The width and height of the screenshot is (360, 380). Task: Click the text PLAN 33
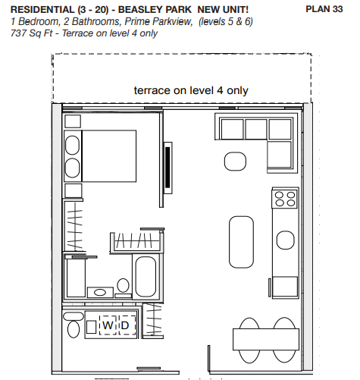point(324,9)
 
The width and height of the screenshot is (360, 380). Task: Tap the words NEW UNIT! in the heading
point(223,10)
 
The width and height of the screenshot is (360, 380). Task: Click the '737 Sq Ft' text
point(32,33)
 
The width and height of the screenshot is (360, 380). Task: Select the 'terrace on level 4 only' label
point(191,90)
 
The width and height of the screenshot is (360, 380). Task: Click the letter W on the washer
point(108,325)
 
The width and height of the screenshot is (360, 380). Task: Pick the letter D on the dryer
point(125,325)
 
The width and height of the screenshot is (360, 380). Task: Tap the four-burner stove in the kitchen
point(285,199)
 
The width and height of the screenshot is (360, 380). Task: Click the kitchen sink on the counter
point(286,240)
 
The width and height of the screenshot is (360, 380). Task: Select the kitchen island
point(241,242)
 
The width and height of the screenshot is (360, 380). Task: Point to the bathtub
point(146,277)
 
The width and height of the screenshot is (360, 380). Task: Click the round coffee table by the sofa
point(235,162)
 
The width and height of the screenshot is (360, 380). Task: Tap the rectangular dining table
point(266,339)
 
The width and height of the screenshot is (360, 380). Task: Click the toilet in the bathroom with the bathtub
point(123,285)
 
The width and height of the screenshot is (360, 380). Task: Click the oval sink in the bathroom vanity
point(100,293)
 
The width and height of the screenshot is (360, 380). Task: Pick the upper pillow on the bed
point(72,145)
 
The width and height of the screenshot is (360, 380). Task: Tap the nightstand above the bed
point(73,121)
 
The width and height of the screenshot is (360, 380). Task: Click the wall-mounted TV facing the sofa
point(168,168)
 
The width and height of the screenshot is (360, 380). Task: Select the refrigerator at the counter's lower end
point(285,287)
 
